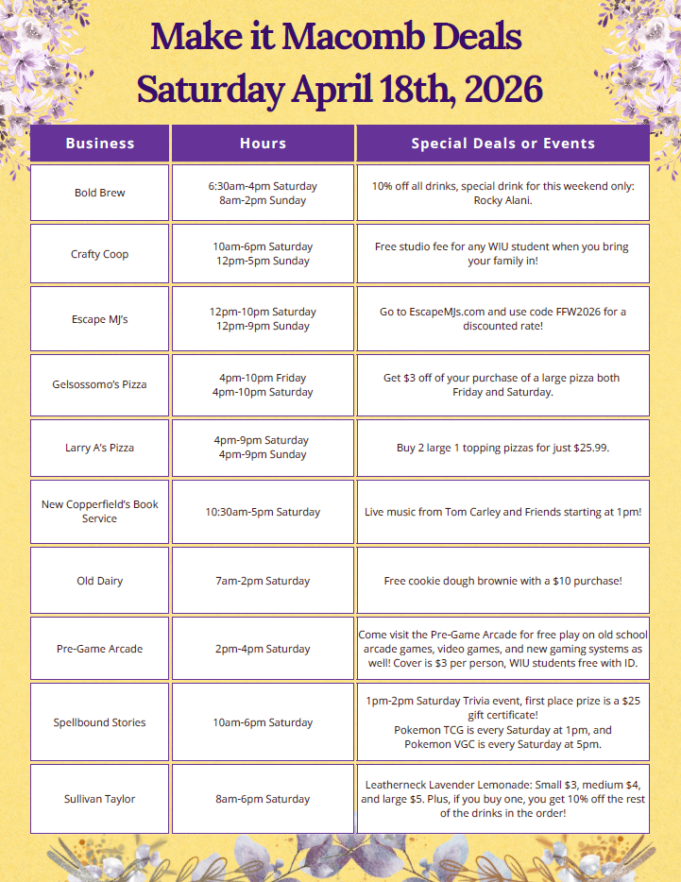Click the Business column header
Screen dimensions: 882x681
[99, 144]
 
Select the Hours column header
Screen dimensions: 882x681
[263, 144]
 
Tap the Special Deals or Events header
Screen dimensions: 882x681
[502, 144]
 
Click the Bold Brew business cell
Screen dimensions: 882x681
[99, 193]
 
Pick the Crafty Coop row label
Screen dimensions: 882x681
[99, 254]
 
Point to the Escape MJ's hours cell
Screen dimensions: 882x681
[263, 319]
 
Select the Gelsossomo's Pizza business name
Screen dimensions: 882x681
[99, 384]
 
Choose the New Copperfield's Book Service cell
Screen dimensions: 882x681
[99, 512]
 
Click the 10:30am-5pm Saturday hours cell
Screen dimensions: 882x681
[263, 512]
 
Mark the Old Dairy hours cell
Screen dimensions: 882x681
[263, 581]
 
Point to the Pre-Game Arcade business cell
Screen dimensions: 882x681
[99, 649]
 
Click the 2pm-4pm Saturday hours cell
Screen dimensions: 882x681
[263, 649]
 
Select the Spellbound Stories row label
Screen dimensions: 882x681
[99, 722]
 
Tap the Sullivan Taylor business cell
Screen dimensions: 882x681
[99, 799]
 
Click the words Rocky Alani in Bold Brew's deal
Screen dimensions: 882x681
[502, 200]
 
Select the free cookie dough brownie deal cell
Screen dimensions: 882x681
[502, 581]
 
